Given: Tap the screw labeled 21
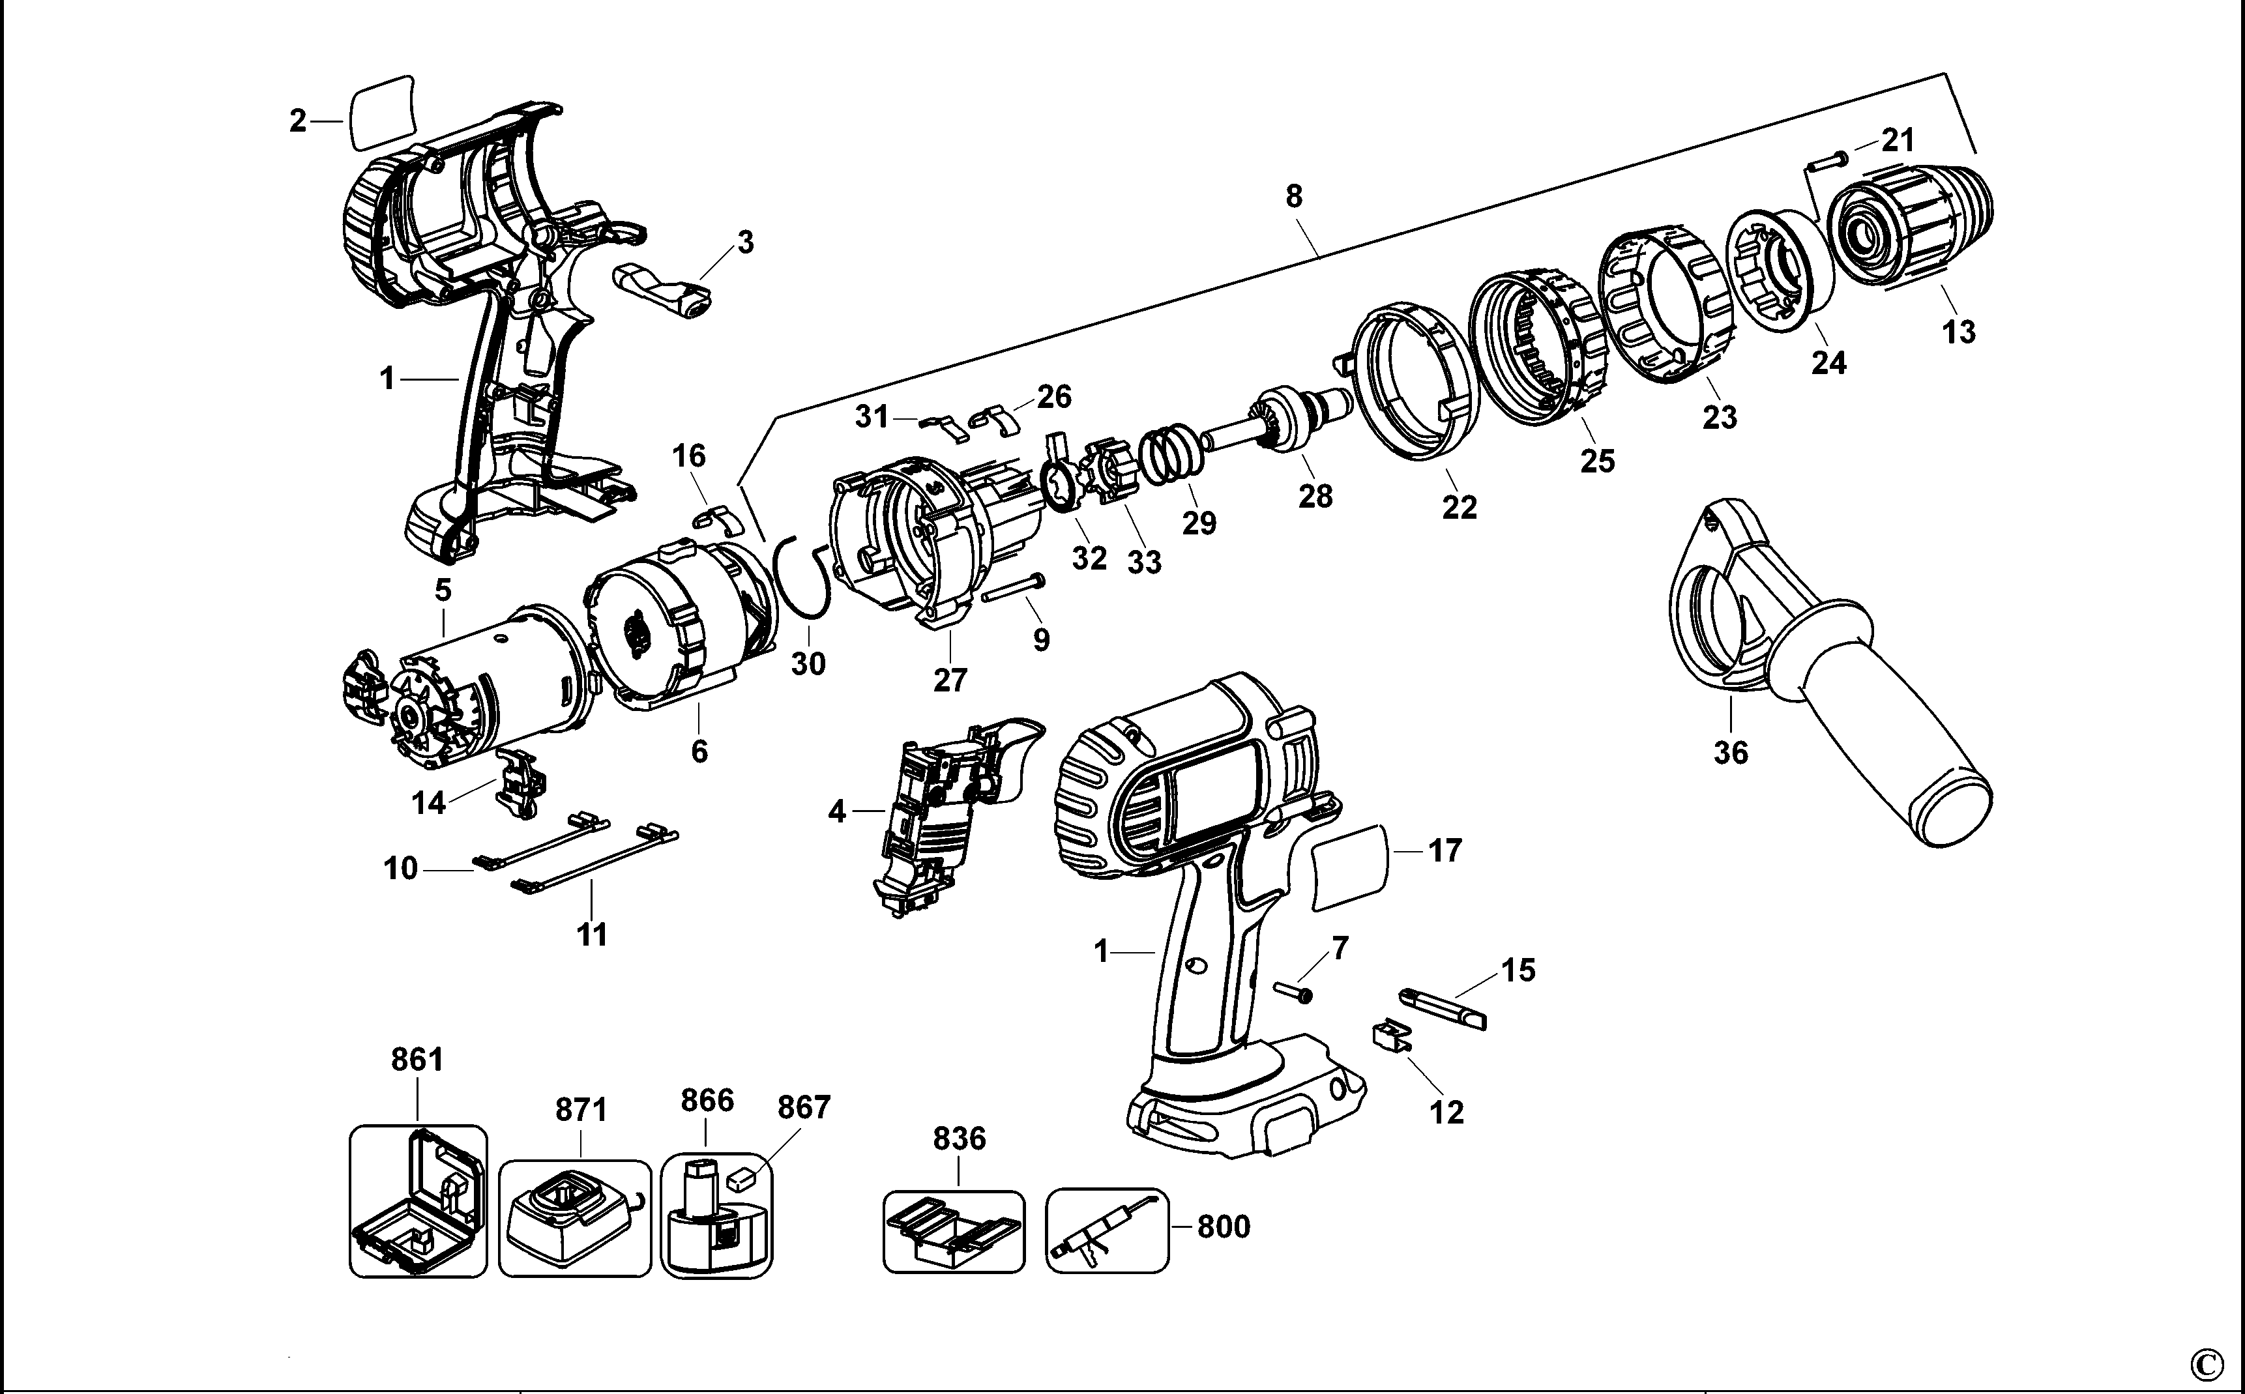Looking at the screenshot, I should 1821,162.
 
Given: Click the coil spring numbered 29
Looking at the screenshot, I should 1173,454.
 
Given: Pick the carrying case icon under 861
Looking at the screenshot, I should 418,1200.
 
